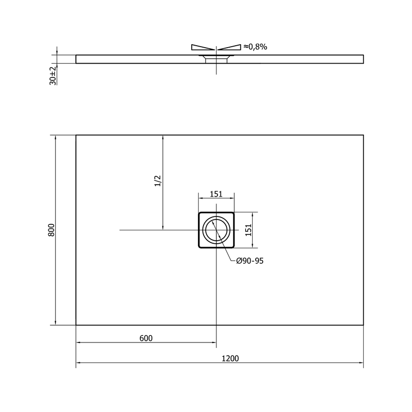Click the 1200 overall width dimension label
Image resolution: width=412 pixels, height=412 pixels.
click(230, 358)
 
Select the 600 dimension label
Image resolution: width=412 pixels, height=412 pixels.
click(146, 338)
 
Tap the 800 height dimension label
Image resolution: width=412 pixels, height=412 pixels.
click(52, 230)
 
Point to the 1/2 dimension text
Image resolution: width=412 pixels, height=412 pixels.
click(157, 181)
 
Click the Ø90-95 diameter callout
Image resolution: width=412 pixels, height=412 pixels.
click(250, 261)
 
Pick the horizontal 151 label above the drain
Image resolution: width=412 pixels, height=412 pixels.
click(216, 194)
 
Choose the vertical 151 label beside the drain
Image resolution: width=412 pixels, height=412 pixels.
click(249, 230)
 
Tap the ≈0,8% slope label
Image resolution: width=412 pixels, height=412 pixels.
click(255, 47)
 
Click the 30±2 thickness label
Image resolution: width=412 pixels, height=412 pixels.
click(53, 75)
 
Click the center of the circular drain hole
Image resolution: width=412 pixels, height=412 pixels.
click(216, 230)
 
